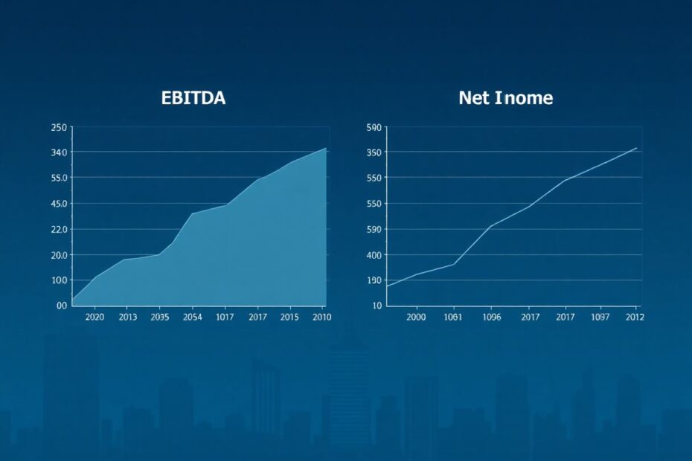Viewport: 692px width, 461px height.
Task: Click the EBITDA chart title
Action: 193,97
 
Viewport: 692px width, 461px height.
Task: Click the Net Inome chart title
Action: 506,97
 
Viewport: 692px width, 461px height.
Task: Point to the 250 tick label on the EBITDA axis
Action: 59,127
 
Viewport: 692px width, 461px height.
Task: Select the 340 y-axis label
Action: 59,152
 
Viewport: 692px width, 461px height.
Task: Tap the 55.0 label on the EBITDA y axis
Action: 59,178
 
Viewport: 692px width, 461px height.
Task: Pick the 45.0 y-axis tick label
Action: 59,204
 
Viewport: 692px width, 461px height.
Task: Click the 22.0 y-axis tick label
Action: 59,230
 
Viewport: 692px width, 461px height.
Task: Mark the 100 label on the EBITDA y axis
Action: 59,280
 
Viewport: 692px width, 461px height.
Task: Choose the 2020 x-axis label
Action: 94,317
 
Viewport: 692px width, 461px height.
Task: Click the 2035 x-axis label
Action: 160,317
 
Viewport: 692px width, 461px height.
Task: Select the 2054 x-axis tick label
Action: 193,317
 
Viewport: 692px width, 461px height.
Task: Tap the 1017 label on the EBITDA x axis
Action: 225,317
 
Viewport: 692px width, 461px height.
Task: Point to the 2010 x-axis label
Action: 321,317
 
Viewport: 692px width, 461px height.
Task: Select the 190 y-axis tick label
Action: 374,280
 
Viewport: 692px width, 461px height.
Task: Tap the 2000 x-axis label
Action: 416,317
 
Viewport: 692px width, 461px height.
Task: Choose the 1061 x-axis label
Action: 453,317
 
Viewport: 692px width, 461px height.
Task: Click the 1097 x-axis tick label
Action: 600,317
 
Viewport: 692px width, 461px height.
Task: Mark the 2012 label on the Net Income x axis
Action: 635,317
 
